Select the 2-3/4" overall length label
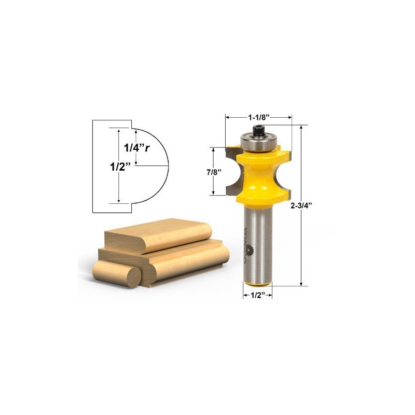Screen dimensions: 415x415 302,204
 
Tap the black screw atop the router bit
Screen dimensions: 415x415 258,128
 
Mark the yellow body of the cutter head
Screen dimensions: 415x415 258,174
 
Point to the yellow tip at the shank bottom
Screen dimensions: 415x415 258,283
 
